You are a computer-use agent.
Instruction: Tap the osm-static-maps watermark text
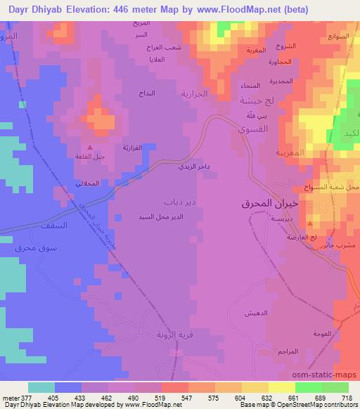(x=330, y=373)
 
